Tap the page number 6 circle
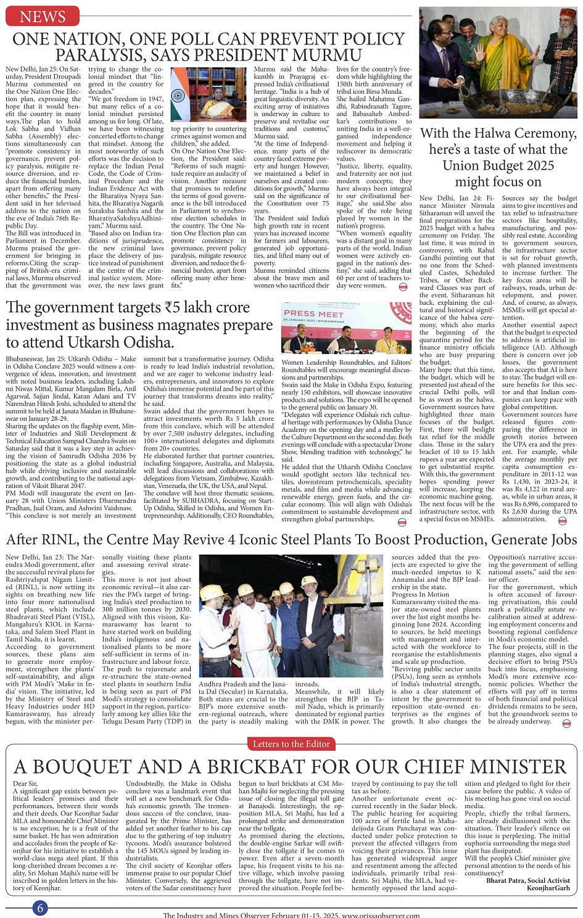[40, 908]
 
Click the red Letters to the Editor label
[291, 744]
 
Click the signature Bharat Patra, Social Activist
[528, 880]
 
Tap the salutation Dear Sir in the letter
[25, 784]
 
